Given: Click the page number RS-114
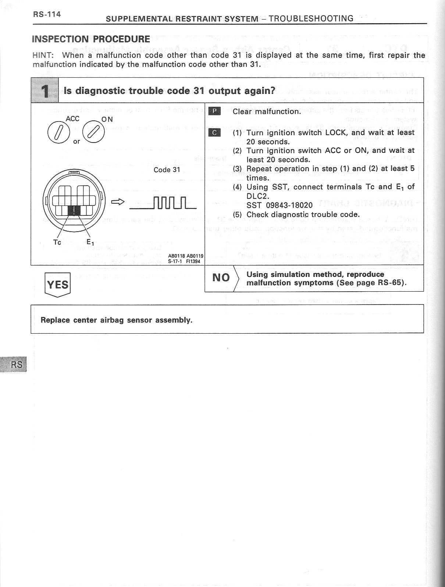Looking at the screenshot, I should pos(47,14).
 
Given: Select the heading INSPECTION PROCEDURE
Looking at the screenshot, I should pos(91,39).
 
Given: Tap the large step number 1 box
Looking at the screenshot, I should pos(45,91).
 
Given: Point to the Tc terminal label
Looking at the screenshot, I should pos(57,242).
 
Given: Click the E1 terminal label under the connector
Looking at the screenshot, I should pos(90,242).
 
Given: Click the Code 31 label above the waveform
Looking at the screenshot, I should pos(167,170).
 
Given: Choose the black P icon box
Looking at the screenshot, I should pos(214,111).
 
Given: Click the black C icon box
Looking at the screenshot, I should pos(214,132).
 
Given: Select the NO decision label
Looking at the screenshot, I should pos(221,278).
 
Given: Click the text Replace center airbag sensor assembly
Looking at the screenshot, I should pos(116,320).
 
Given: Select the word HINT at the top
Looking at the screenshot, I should pos(43,56).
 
